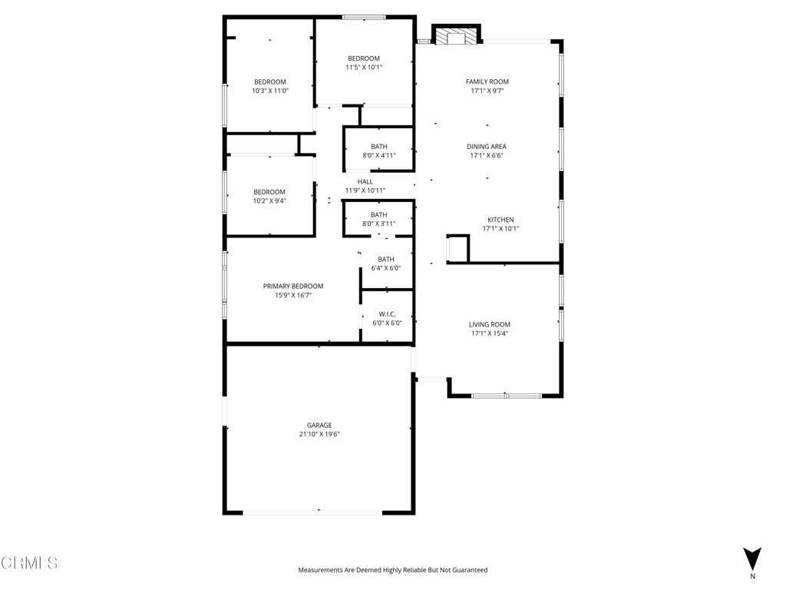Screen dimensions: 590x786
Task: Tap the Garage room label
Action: (x=319, y=425)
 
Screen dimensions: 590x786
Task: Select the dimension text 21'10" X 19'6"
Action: (x=319, y=434)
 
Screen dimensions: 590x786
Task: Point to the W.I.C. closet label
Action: (x=387, y=313)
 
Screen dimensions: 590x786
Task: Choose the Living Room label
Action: (x=490, y=324)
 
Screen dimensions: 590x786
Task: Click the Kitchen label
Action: (x=500, y=220)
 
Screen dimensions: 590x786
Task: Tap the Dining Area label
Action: (x=487, y=146)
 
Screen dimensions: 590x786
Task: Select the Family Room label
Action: (x=487, y=81)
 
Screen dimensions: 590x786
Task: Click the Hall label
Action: (x=365, y=181)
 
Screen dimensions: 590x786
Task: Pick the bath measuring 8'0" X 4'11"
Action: (x=379, y=151)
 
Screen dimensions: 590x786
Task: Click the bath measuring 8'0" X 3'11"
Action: (x=379, y=219)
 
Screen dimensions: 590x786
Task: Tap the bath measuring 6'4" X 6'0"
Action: (x=386, y=264)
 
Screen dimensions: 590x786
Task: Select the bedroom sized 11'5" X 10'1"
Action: (x=364, y=63)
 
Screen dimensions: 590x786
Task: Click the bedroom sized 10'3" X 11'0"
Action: (x=270, y=86)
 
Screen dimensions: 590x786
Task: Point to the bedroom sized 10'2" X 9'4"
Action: (x=269, y=196)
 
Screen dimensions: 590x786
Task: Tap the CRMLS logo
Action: (x=29, y=563)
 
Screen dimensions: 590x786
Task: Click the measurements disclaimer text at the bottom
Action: (x=392, y=570)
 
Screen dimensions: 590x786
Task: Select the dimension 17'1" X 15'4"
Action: (x=490, y=333)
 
